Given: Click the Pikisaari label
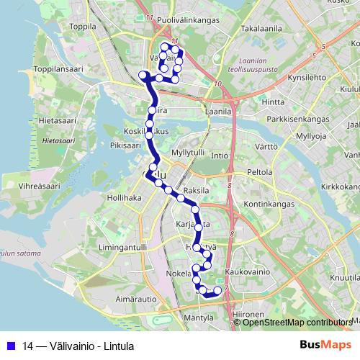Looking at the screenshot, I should pyautogui.click(x=125, y=145).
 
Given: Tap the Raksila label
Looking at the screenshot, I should pyautogui.click(x=196, y=191).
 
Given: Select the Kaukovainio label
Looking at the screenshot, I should pyautogui.click(x=247, y=273).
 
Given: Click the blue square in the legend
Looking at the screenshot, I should pyautogui.click(x=11, y=346).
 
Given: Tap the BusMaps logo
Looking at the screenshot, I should pyautogui.click(x=318, y=346).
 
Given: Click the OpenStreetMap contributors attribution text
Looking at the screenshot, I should pyautogui.click(x=297, y=323).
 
